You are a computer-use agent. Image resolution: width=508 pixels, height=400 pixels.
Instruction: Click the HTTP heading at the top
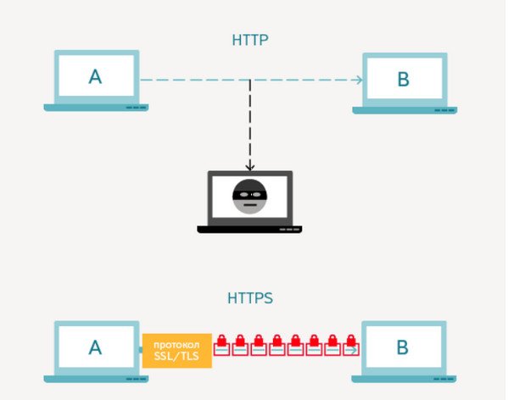[x=250, y=40]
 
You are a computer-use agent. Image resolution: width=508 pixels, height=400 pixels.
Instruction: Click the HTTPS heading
[x=250, y=298]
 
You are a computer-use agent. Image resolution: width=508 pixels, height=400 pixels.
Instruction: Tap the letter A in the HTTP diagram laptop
[x=95, y=77]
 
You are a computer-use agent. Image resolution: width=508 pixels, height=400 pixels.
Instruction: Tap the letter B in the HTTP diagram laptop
[x=404, y=80]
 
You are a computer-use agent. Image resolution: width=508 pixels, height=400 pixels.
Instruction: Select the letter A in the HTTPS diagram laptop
[x=95, y=347]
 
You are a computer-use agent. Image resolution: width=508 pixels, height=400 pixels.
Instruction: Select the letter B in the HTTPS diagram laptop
[x=402, y=347]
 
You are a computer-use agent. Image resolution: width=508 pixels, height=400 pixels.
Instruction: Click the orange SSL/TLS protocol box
[x=177, y=351]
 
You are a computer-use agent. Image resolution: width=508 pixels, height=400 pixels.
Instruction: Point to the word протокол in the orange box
[x=176, y=345]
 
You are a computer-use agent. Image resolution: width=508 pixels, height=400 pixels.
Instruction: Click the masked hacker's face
[x=250, y=197]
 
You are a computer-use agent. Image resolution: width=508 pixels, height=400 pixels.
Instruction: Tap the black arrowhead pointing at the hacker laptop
[x=250, y=167]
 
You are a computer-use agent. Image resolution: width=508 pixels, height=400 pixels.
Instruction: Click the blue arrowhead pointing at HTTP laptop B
[x=359, y=80]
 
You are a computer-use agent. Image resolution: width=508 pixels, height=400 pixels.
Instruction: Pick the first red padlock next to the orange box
[x=221, y=345]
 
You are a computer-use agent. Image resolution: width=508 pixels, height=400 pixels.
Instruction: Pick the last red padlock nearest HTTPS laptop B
[x=351, y=345]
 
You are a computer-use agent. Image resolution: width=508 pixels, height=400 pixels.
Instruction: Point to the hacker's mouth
[x=250, y=205]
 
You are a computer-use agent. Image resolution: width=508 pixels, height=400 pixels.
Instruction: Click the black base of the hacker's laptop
[x=249, y=230]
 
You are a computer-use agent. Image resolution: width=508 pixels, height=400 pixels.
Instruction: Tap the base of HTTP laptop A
[x=96, y=108]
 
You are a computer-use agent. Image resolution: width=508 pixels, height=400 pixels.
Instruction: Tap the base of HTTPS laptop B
[x=404, y=379]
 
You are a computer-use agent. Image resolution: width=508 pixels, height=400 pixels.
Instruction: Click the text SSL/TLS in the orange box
[x=176, y=356]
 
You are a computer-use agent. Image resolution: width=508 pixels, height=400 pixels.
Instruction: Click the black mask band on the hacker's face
[x=250, y=195]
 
